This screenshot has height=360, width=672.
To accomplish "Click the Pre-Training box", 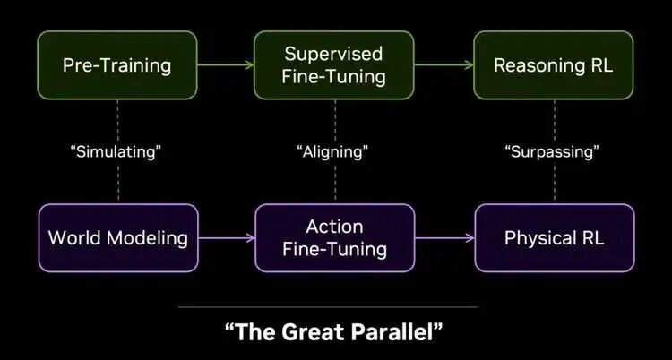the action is (117, 65).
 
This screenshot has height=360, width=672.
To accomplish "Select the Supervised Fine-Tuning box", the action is (334, 65).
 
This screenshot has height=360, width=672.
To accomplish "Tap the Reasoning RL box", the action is (554, 65).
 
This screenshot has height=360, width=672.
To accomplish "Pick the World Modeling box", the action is (118, 238).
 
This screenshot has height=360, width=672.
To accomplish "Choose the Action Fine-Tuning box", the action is (335, 238).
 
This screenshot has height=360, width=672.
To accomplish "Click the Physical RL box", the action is (555, 238).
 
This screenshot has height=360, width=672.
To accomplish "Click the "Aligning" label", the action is (332, 151).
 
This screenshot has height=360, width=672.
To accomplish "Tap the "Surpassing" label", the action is (553, 151).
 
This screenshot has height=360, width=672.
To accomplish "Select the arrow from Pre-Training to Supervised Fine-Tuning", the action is (226, 65).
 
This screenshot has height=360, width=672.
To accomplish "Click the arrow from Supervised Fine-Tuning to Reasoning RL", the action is (444, 65).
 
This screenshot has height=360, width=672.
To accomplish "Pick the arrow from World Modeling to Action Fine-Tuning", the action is (227, 238).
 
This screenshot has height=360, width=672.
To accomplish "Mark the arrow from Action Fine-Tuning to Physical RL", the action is (444, 238).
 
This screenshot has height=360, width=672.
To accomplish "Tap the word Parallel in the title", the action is (397, 331).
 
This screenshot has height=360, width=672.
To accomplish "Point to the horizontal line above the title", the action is (328, 307).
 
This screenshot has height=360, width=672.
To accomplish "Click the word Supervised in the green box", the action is (333, 54).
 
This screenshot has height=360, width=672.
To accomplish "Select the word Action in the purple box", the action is (335, 227).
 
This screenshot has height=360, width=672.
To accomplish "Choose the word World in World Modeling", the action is (75, 238).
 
